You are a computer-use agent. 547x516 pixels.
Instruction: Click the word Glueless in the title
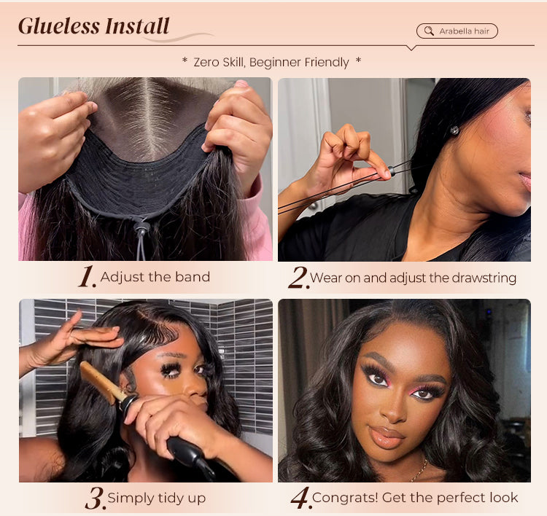pos(59,26)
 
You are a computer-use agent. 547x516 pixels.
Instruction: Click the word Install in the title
pos(137,26)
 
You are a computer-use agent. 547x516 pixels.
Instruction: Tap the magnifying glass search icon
pos(429,31)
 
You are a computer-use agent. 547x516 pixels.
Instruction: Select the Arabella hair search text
pos(465,31)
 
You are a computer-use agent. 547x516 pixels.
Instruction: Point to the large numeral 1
pos(87,276)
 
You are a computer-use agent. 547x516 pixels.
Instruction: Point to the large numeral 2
pos(298,277)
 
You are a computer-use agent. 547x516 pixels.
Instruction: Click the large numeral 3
pos(96,498)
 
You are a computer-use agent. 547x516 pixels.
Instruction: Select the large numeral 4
pos(300,498)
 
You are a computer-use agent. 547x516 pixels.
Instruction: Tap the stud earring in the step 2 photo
pos(454,130)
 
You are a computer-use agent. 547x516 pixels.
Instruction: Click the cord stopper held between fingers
pos(391,171)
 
